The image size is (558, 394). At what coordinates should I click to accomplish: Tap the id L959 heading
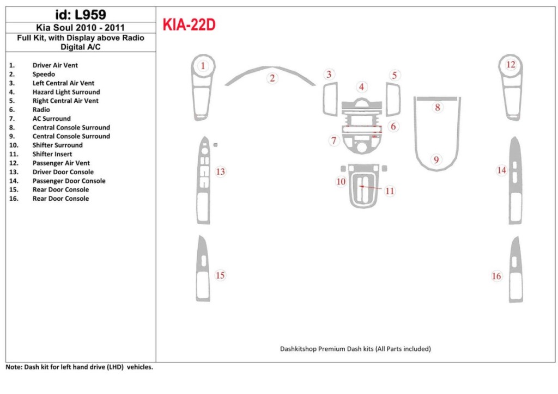[81, 15]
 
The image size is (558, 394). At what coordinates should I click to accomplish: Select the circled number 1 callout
[203, 66]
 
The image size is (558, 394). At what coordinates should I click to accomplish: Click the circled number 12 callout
[511, 65]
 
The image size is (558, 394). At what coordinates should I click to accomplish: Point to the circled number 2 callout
[272, 78]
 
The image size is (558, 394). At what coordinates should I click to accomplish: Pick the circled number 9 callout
[436, 159]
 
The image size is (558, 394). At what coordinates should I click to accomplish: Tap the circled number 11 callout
[390, 191]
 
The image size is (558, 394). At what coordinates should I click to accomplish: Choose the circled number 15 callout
[220, 275]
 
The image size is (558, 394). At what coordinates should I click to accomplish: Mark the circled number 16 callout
[496, 276]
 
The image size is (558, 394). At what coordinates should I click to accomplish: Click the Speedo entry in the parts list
[44, 74]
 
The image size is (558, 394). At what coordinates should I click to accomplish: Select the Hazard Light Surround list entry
[66, 92]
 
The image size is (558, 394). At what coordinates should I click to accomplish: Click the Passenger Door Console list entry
[69, 181]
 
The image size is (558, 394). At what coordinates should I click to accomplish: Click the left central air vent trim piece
[330, 99]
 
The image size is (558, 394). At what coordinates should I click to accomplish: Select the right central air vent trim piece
[393, 99]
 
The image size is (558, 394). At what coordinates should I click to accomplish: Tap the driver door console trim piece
[203, 181]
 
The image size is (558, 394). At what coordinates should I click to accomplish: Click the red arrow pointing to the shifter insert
[371, 187]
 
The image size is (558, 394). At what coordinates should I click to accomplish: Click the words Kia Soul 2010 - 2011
[81, 28]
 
